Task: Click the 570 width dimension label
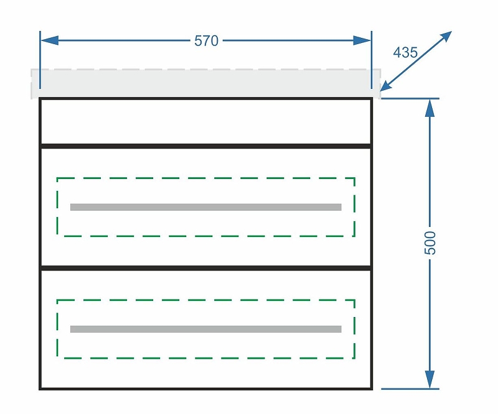(x=207, y=41)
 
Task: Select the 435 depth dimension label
(x=405, y=52)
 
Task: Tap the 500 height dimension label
(x=430, y=242)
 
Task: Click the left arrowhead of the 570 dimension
(x=50, y=40)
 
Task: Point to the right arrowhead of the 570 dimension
(x=362, y=40)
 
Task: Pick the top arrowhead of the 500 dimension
(x=430, y=108)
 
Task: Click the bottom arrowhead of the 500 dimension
(x=430, y=379)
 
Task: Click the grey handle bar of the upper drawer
(x=206, y=207)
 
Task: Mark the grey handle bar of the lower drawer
(x=206, y=329)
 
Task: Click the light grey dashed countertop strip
(x=206, y=84)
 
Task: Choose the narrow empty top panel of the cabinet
(x=206, y=122)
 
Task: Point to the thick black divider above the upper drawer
(x=206, y=146)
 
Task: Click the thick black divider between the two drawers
(x=206, y=268)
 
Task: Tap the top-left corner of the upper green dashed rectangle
(x=57, y=178)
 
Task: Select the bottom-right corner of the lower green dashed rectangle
(x=354, y=358)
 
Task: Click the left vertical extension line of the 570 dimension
(x=40, y=60)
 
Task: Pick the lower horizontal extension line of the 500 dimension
(x=410, y=389)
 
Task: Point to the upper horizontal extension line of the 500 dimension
(x=410, y=99)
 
